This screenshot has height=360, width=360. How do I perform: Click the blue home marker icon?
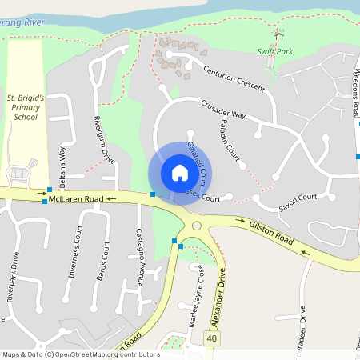179,173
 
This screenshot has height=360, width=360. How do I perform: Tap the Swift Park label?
271,50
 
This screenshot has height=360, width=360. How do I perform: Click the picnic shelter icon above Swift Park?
278,34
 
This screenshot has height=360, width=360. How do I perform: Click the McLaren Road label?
75,198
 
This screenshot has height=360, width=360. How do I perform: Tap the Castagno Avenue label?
138,257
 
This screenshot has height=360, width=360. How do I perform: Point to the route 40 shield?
211,339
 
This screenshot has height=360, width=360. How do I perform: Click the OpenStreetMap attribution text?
80,354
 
